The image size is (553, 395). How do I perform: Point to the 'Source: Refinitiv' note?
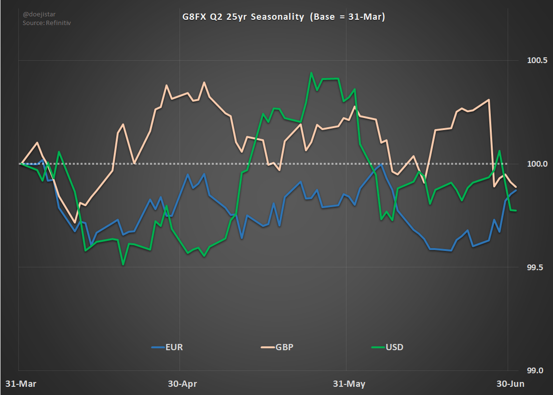coord(47,23)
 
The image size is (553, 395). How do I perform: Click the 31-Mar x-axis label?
coord(21,384)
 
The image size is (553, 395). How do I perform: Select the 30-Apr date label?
coord(182,384)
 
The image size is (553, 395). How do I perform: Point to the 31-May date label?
coord(349,384)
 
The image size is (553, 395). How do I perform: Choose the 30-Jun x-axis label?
coord(510,384)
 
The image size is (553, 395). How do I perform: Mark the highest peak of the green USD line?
coord(311,73)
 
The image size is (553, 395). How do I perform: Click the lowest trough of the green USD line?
coord(124,264)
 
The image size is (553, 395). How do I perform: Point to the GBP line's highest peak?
coord(204,82)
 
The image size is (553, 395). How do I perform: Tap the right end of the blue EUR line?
coord(516,190)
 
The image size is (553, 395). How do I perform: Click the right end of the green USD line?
coord(516,211)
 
